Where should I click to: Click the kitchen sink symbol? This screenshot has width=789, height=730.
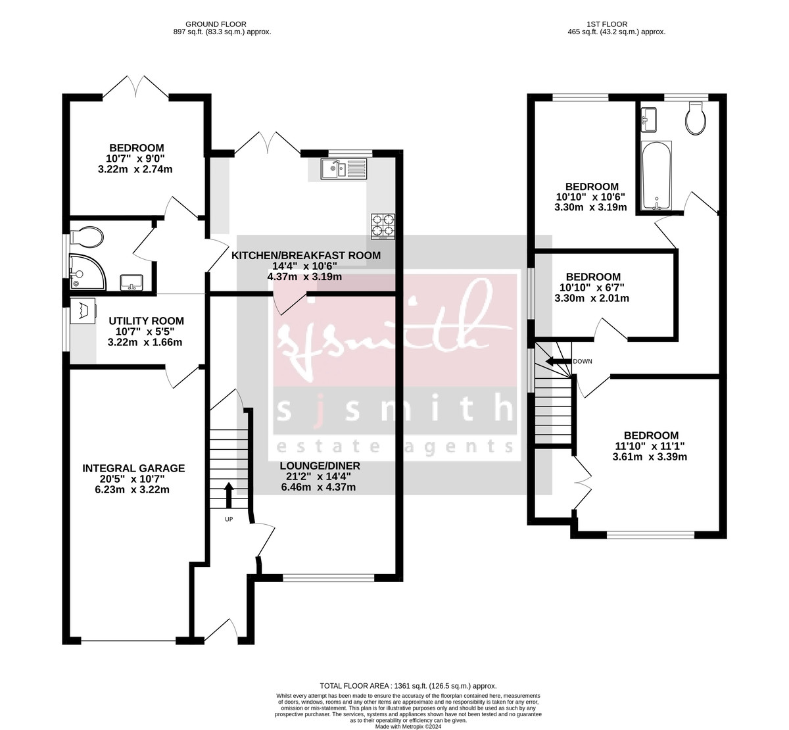pos(343,169)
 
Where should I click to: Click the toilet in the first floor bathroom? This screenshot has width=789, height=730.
pos(695,118)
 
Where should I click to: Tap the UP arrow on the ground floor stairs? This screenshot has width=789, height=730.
pos(229,495)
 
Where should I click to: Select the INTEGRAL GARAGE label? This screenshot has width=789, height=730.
pos(133,468)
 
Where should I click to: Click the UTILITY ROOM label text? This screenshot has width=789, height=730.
pos(146,321)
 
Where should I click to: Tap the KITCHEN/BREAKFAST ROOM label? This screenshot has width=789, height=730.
pos(305,255)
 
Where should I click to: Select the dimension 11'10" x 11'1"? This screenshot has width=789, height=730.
pos(651,446)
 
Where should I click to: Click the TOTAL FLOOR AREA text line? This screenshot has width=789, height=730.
pos(408,685)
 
